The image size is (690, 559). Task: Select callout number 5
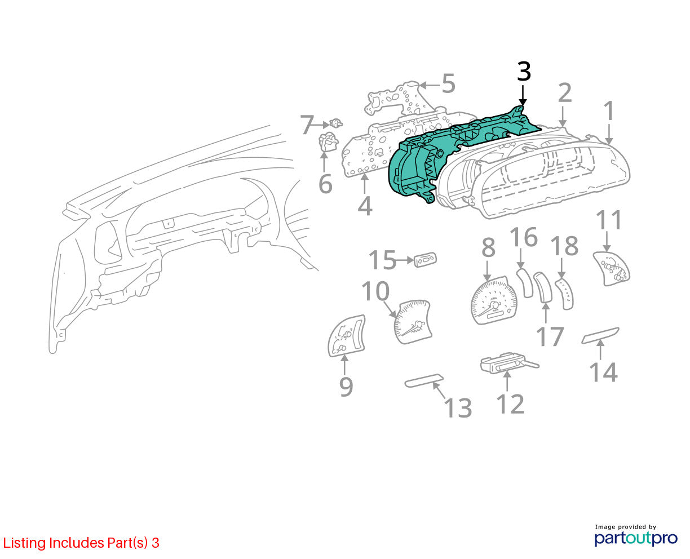(x=449, y=83)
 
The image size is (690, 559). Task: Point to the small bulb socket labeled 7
(x=336, y=123)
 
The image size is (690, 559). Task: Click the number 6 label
(x=326, y=184)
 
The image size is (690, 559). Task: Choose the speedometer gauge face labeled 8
(x=493, y=300)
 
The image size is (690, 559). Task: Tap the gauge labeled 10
(x=413, y=322)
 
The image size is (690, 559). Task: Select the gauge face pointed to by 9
(x=347, y=336)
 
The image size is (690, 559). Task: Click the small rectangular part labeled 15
(x=426, y=260)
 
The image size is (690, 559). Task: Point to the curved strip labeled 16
(x=525, y=282)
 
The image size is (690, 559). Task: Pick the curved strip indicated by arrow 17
(x=543, y=287)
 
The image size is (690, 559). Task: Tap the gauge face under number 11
(x=612, y=268)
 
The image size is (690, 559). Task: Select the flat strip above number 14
(x=600, y=335)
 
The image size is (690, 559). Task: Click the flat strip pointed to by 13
(x=424, y=380)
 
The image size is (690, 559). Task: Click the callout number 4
(x=365, y=206)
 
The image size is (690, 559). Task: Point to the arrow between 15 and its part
(x=405, y=260)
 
